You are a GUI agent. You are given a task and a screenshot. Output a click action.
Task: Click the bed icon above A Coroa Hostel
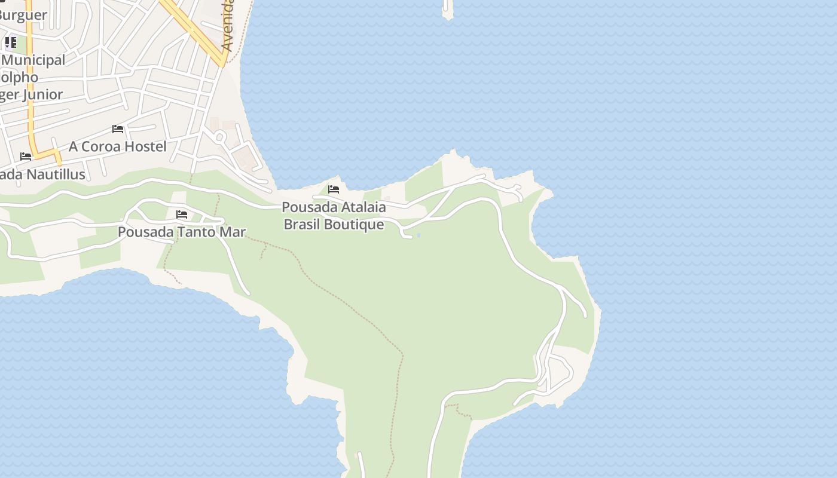click(x=118, y=129)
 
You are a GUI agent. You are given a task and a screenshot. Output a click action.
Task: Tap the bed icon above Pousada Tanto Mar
click(x=182, y=215)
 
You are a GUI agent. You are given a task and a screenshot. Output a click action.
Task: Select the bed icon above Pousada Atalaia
click(x=334, y=190)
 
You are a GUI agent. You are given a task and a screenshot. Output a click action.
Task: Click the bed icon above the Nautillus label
click(x=26, y=157)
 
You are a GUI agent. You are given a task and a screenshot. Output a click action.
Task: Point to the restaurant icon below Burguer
click(x=11, y=42)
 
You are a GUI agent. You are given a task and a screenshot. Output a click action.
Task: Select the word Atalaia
click(x=358, y=207)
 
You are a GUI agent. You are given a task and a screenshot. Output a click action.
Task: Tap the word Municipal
click(x=34, y=60)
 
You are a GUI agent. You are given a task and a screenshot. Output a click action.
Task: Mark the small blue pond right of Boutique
click(x=418, y=235)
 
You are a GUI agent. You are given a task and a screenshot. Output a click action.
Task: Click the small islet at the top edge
click(x=448, y=10)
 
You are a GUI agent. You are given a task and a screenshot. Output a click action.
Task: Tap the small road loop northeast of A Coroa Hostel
click(x=219, y=137)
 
